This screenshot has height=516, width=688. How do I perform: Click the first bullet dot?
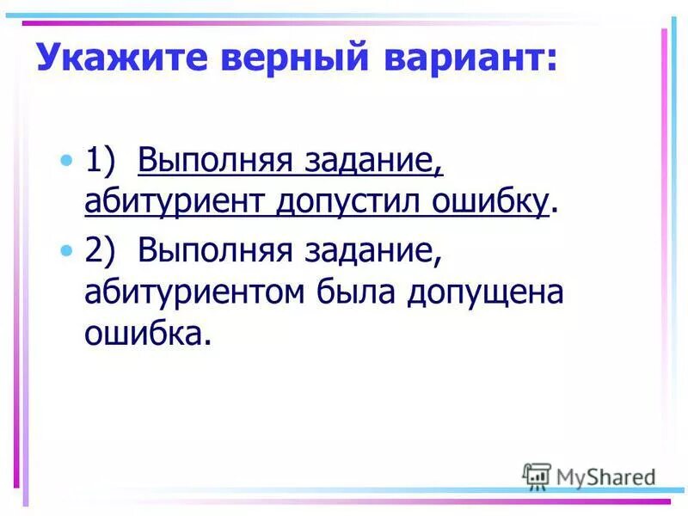(x=67, y=160)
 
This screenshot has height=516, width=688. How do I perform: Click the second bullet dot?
(x=67, y=250)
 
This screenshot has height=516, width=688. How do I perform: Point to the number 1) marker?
(x=101, y=161)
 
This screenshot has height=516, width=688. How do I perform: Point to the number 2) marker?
(x=101, y=251)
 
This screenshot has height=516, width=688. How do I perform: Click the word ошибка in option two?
(x=145, y=333)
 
